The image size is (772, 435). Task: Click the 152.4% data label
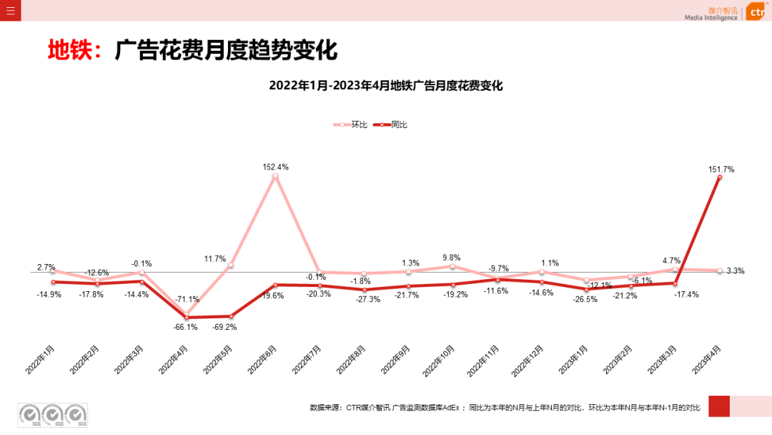pos(275,167)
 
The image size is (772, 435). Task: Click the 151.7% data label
pos(720,170)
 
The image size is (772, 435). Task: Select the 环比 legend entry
pos(351,124)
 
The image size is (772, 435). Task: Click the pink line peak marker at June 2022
pos(275,176)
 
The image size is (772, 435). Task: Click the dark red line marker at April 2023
pos(719,177)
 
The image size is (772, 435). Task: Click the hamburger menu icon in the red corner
pos(10,10)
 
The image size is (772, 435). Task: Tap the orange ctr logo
pos(757,12)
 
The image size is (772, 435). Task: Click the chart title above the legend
pos(386,86)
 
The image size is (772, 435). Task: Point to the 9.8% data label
pos(452,258)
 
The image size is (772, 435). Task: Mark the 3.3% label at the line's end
pos(736,271)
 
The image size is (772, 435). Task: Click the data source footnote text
pos(505,407)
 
